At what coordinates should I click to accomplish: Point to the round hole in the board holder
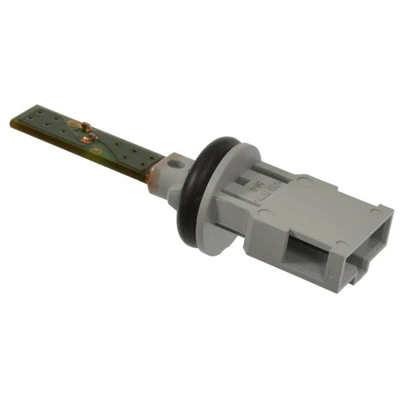(x=175, y=162)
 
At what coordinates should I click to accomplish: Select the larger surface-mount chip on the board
(x=87, y=137)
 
